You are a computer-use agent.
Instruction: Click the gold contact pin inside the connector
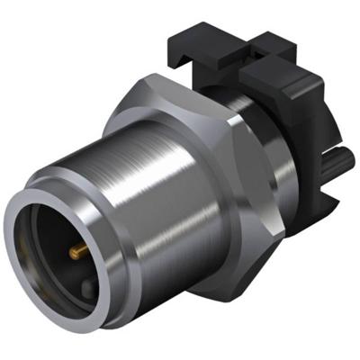(76, 245)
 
